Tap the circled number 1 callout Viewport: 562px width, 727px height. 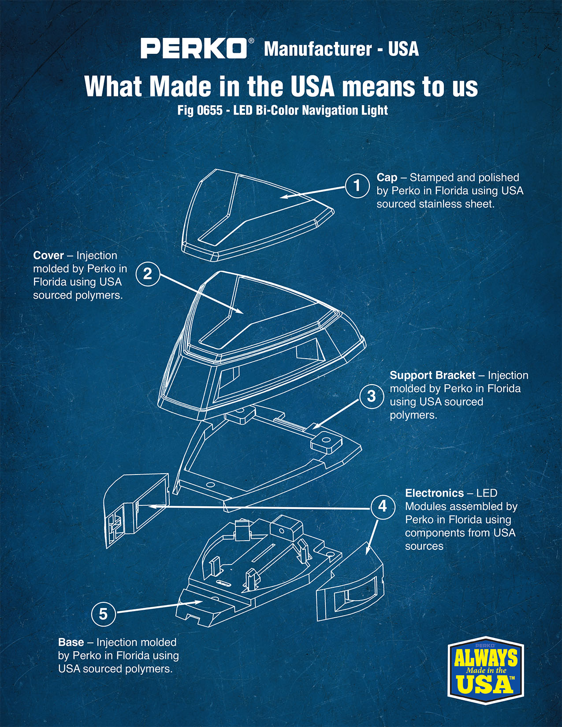(357, 185)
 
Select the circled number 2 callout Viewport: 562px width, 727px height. (148, 274)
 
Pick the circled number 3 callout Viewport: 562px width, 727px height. (372, 396)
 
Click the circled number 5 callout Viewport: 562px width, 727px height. (104, 614)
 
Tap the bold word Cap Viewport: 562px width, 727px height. (387, 178)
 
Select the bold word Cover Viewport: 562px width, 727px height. (48, 256)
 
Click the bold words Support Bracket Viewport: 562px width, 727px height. (432, 375)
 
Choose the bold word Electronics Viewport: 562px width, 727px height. (435, 493)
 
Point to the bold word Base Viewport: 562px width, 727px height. (71, 642)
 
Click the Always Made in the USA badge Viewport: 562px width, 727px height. (486, 671)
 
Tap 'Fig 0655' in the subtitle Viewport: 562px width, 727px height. (200, 110)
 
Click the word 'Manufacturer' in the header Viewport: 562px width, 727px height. (318, 49)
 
